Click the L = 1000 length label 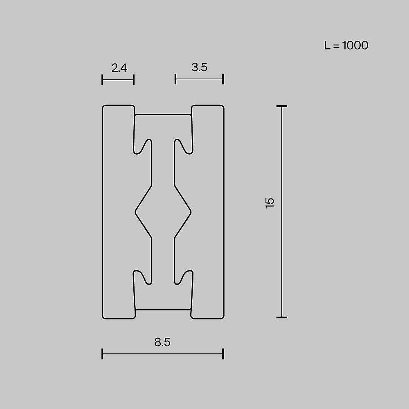point(346,45)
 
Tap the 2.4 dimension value point(119,68)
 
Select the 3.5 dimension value point(199,67)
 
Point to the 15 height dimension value point(270,203)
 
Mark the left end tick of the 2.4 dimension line point(102,80)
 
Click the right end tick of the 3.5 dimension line point(223,79)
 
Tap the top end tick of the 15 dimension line point(281,106)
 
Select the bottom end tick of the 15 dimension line point(281,317)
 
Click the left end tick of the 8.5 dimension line point(102,354)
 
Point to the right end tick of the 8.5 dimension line point(223,354)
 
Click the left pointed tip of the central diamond point(136,211)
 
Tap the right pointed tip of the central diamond point(191,211)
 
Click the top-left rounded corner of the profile point(104,108)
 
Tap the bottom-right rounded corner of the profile point(222,316)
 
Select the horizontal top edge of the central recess point(163,115)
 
